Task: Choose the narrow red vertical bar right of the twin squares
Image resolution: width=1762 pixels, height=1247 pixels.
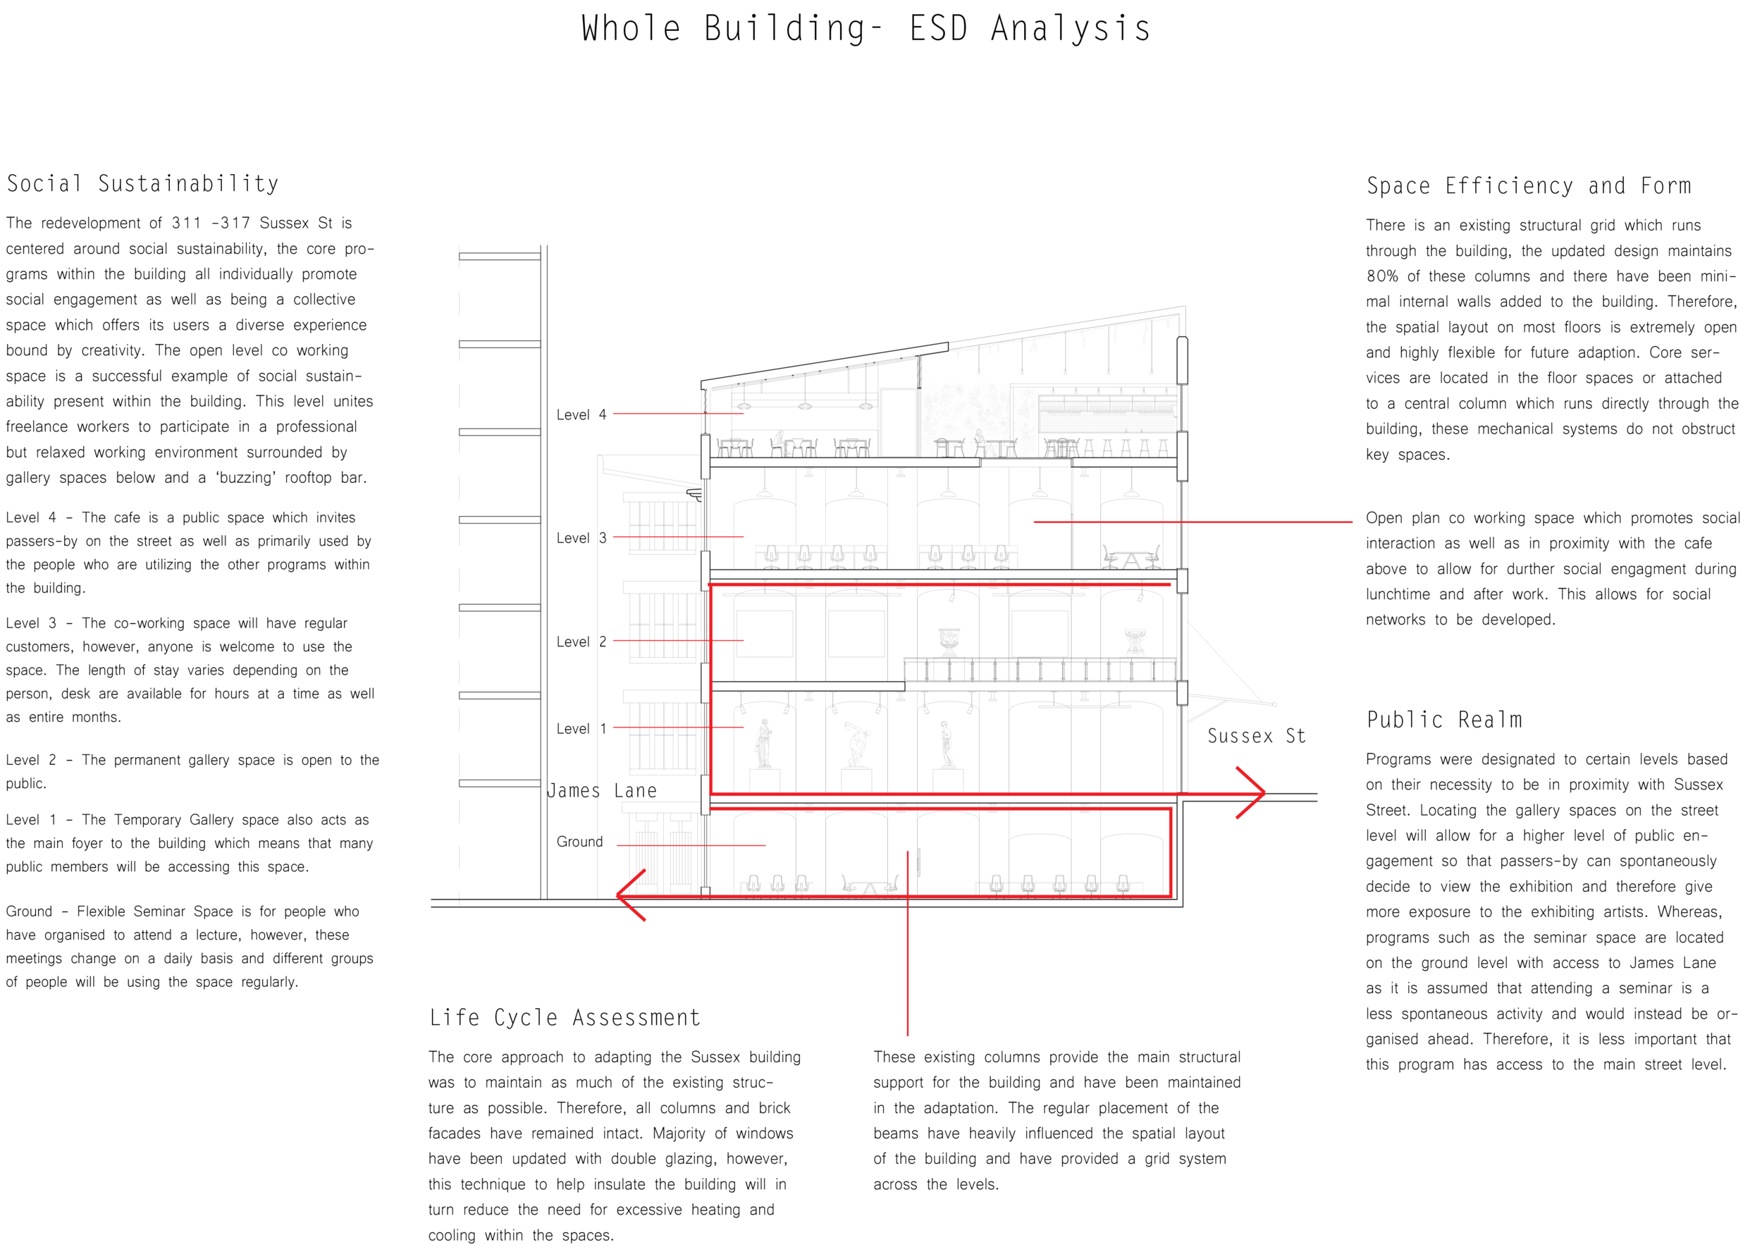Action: (1170, 546)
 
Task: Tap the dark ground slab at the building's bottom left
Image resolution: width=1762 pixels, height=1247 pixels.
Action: (522, 911)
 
